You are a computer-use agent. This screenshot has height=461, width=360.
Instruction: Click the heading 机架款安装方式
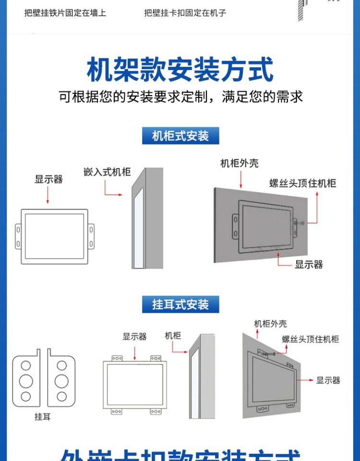pos(180,70)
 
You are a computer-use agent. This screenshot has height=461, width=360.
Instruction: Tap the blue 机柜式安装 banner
pos(180,136)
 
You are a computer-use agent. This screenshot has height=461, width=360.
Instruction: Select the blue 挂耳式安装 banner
pos(180,304)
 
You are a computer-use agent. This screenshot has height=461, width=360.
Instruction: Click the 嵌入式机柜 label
pos(107,172)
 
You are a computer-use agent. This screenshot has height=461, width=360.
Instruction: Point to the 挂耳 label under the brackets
pos(43,417)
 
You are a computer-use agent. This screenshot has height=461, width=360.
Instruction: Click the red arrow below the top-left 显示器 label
pos(48,195)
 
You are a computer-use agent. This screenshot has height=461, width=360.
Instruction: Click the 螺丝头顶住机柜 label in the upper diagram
pos(302,183)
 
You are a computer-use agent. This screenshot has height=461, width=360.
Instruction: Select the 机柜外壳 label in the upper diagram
pos(240,163)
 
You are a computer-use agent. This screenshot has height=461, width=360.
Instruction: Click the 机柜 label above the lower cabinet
pos(173,336)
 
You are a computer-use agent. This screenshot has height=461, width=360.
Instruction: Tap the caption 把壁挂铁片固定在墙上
pos(65,13)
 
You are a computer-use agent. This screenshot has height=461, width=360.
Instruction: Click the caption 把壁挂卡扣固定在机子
pos(185,13)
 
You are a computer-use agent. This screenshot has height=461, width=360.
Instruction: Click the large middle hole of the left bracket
pos(26,381)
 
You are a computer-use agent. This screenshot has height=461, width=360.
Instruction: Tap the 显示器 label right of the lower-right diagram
pos(328,380)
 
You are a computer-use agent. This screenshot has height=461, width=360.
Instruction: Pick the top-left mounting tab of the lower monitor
pos(117,358)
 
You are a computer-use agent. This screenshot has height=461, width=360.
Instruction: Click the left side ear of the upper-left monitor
pos(18,236)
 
